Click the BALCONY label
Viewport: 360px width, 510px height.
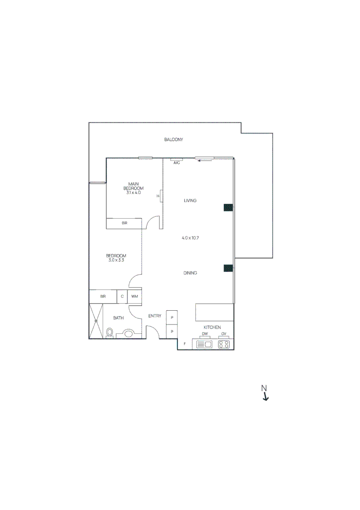click(174, 140)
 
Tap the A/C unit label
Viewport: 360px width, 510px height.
click(177, 162)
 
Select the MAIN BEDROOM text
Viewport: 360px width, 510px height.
click(134, 186)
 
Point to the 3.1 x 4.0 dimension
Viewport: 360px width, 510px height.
click(134, 193)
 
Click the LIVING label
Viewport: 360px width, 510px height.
click(190, 201)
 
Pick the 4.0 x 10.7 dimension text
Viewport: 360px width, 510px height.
click(190, 238)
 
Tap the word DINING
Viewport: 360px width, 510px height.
click(190, 273)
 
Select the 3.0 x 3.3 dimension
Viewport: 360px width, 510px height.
click(116, 260)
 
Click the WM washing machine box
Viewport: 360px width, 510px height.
click(134, 297)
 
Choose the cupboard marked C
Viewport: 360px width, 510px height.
click(122, 297)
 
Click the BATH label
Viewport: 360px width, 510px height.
click(118, 318)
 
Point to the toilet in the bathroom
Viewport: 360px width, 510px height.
click(110, 332)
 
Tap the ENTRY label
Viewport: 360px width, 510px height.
click(155, 316)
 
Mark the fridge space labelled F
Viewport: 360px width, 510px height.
click(184, 343)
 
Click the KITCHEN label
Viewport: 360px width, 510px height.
click(212, 327)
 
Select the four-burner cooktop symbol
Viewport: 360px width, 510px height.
click(224, 345)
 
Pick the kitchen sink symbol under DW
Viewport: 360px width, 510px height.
click(204, 345)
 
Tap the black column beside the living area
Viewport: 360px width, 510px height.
click(228, 207)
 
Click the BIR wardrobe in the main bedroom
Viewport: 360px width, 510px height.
click(124, 223)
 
